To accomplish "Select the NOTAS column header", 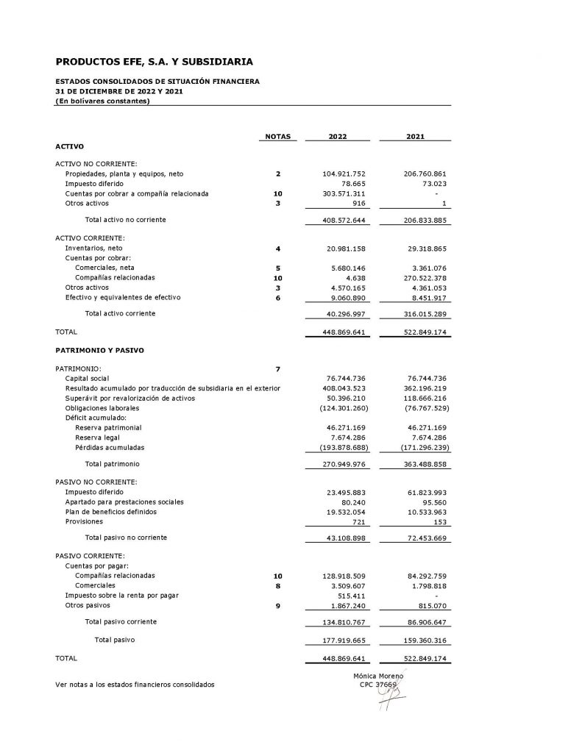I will pyautogui.click(x=277, y=137).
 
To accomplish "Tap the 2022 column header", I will pyautogui.click(x=338, y=137).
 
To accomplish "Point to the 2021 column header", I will pyautogui.click(x=415, y=137).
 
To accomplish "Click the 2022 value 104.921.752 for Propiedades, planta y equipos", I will pyautogui.click(x=344, y=174).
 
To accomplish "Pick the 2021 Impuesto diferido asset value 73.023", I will pyautogui.click(x=433, y=184).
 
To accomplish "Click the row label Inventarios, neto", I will pyautogui.click(x=93, y=249).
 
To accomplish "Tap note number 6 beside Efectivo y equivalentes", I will pyautogui.click(x=278, y=298).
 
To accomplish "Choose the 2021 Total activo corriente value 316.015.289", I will pyautogui.click(x=422, y=314).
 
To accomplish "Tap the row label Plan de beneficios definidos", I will pyautogui.click(x=110, y=512).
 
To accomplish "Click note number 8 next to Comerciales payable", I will pyautogui.click(x=278, y=585).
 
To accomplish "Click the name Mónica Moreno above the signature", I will pyautogui.click(x=378, y=675).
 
